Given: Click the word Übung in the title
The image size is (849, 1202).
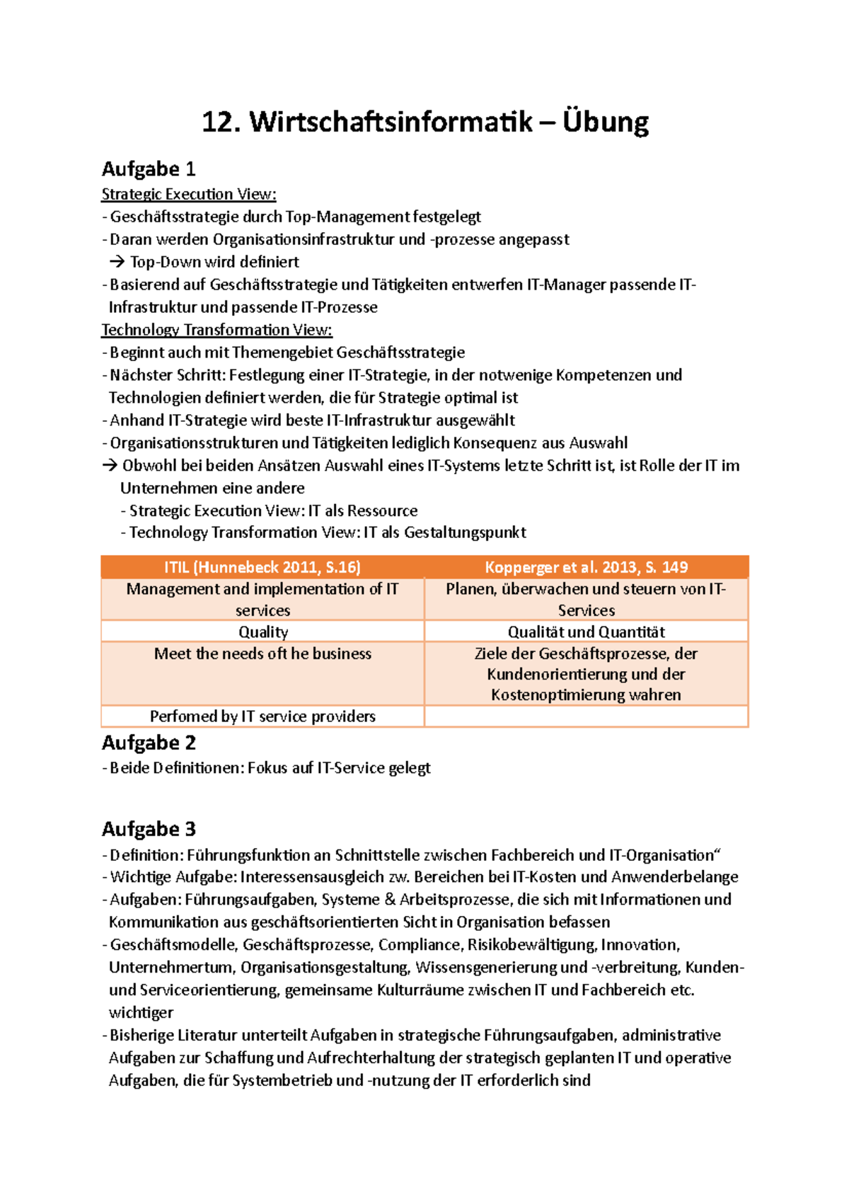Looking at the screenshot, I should click(606, 122).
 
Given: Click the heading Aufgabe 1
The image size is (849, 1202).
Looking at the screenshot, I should click(148, 169).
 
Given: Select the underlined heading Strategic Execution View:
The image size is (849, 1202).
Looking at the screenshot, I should click(188, 194).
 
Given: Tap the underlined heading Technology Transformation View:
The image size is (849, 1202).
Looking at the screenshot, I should click(216, 330).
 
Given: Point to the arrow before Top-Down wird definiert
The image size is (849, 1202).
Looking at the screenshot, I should click(117, 262).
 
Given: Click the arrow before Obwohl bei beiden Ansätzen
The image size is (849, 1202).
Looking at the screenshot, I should click(109, 466).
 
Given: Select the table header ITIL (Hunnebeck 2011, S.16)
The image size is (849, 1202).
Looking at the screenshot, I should click(262, 567).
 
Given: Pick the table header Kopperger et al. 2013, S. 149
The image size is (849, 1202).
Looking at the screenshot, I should click(586, 567).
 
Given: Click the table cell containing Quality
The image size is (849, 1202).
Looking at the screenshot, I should click(262, 631).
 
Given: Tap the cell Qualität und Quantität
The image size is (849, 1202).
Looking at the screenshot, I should click(586, 631).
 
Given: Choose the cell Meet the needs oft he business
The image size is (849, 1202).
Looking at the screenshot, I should click(262, 653).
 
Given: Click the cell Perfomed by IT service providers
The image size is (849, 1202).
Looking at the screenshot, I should click(262, 716).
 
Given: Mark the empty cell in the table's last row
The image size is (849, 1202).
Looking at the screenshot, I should click(586, 716).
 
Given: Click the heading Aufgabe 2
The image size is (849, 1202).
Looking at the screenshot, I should click(149, 743).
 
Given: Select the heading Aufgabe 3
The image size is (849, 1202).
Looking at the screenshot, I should click(149, 829).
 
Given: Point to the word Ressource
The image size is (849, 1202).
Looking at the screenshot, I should click(382, 511).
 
